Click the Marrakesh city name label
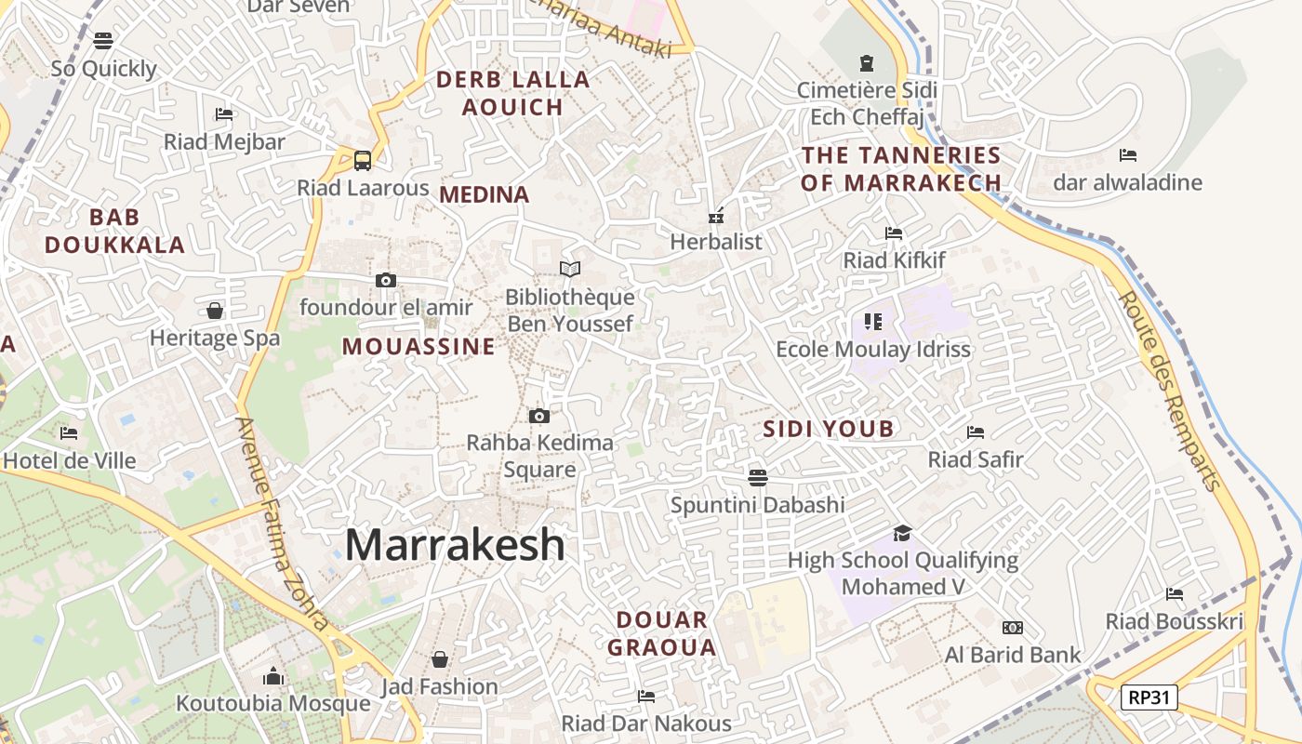[x=455, y=545]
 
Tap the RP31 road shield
[x=1149, y=697]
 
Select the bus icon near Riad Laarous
[x=363, y=160]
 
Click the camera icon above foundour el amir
[x=385, y=280]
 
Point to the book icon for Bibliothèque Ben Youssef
[x=570, y=269]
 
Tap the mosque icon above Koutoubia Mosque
[x=273, y=675]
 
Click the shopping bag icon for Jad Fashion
[x=440, y=659]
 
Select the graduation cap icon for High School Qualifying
[x=902, y=533]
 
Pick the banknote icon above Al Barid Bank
[x=1012, y=628]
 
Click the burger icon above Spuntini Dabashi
[x=758, y=478]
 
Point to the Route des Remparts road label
[x=1170, y=391]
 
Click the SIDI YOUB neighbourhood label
[x=828, y=429]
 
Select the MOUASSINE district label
[x=418, y=347]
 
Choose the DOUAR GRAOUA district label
[x=662, y=633]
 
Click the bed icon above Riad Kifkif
[x=894, y=232]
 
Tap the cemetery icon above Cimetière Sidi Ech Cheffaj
[x=867, y=63]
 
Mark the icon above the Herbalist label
[x=716, y=216]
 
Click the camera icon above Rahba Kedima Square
[x=539, y=416]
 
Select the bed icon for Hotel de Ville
[x=69, y=433]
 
